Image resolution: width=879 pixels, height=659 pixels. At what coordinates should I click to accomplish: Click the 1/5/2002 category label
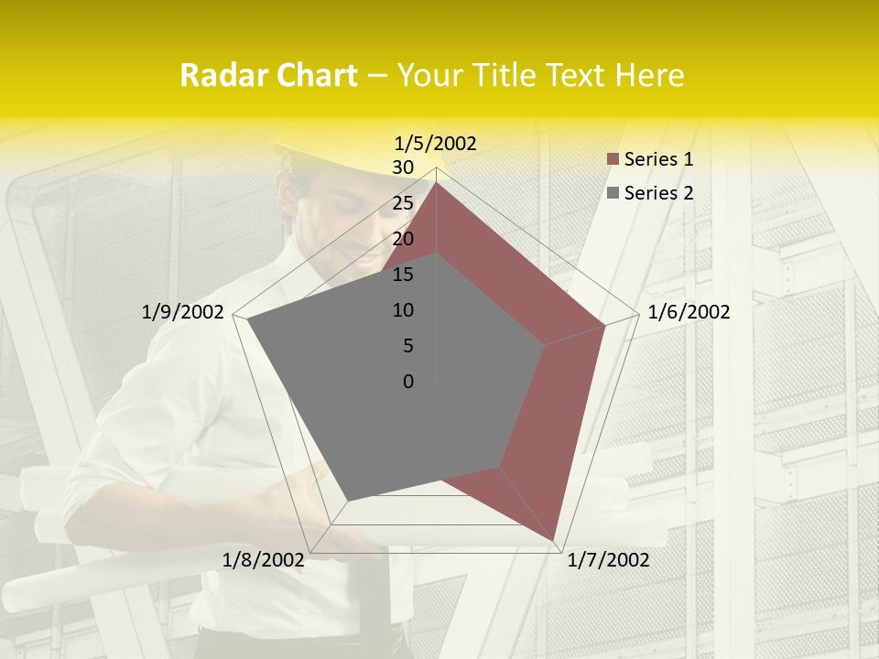pos(436,144)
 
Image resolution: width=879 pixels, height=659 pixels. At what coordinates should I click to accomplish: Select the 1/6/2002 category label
pos(689,312)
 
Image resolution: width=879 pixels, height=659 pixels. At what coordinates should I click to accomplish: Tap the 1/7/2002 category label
pos(608,560)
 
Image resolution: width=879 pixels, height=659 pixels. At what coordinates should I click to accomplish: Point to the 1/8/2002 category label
pos(264,560)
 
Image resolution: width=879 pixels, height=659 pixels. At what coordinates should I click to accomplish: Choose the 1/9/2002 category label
pos(183,312)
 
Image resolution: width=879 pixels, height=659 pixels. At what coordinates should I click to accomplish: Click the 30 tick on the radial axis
pos(403,167)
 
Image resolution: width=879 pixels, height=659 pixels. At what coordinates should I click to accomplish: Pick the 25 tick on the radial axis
pos(403,203)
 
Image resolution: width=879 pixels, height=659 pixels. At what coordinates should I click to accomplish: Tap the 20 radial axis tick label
pos(403,239)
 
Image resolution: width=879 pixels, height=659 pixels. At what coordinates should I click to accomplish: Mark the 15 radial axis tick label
pos(403,275)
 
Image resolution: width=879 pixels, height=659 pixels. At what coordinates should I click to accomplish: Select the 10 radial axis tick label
pos(403,310)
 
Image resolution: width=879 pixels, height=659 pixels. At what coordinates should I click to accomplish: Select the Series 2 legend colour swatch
pos(613,193)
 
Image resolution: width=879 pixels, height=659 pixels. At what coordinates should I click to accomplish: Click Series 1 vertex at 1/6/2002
pos(605,324)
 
